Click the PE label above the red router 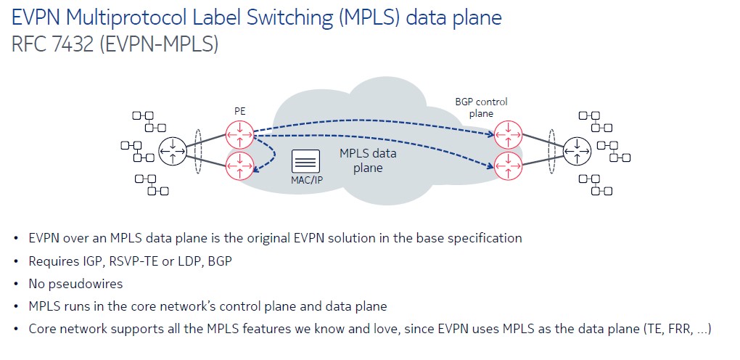tap(239, 110)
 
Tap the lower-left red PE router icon tap(239, 165)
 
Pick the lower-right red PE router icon tap(507, 165)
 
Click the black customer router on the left tap(173, 150)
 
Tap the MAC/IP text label tap(306, 179)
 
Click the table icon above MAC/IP tap(306, 161)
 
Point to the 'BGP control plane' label tap(481, 107)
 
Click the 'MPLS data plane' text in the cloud tap(368, 160)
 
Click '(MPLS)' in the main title tap(367, 17)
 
